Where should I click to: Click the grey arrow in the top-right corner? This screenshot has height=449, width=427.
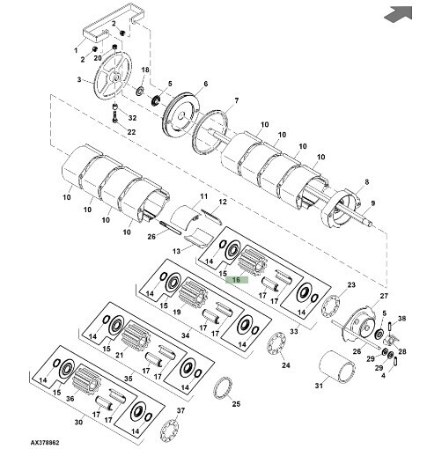(x=399, y=14)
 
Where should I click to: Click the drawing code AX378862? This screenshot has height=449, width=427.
(x=45, y=442)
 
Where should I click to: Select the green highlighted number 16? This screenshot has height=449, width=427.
(x=237, y=280)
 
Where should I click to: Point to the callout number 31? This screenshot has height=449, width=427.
(x=319, y=386)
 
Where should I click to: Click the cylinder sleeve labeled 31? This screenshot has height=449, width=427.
(x=336, y=366)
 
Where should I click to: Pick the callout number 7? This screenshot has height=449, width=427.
(x=236, y=100)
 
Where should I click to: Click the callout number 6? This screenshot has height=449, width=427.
(x=205, y=84)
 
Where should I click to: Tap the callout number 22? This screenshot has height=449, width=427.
(x=131, y=132)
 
